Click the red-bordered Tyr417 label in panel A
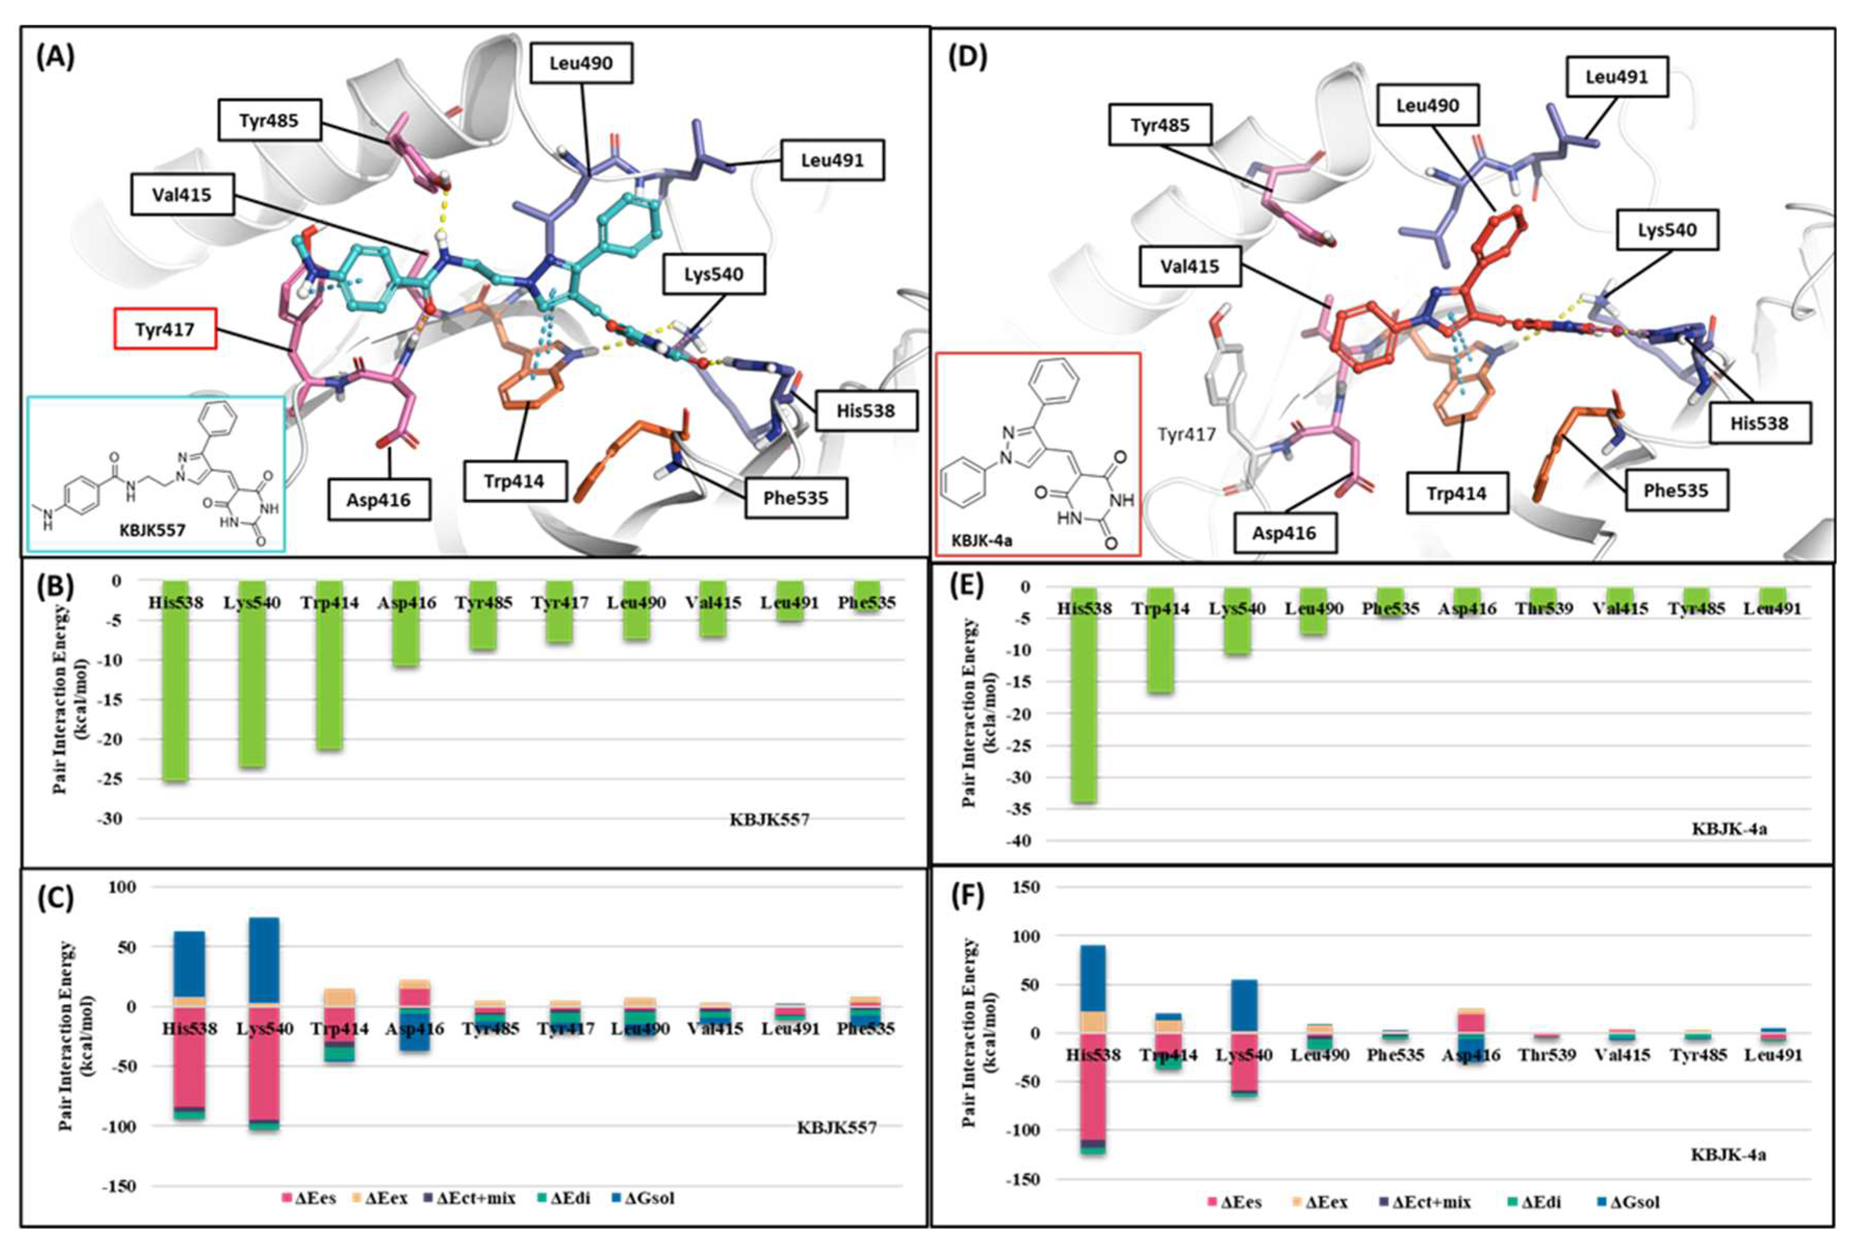[x=165, y=329]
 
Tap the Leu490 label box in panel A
[x=581, y=63]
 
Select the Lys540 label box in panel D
[x=1667, y=230]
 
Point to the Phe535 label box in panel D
[x=1676, y=491]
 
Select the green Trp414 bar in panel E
[x=1160, y=640]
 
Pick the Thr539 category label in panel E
[x=1544, y=609]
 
